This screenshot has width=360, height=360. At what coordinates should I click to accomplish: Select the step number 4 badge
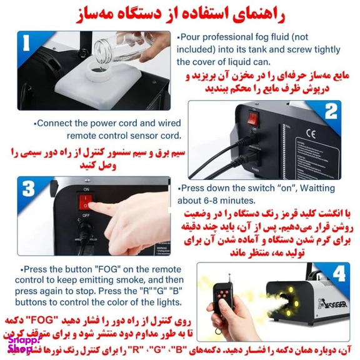339,273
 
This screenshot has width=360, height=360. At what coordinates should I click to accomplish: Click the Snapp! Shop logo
24,345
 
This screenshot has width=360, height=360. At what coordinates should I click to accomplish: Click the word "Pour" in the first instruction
191,37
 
